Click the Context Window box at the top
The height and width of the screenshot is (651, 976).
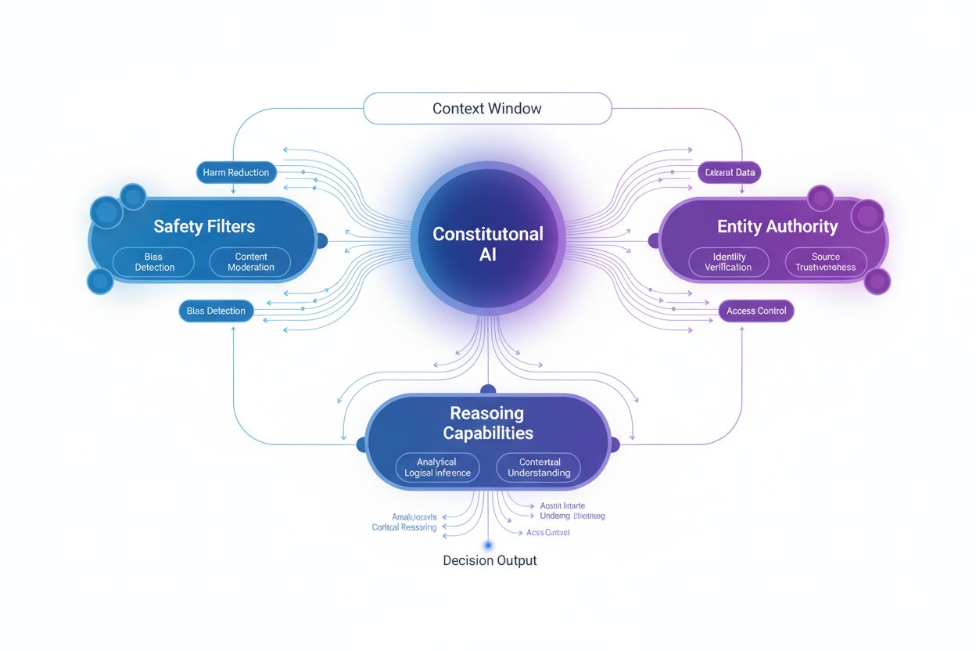486,108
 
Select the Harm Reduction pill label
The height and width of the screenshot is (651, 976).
235,172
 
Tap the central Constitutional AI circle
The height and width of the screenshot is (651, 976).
487,243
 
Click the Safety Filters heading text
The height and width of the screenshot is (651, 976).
204,227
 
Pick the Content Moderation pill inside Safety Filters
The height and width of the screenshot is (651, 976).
250,262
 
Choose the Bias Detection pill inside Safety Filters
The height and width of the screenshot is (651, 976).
154,262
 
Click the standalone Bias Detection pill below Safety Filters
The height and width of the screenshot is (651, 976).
216,311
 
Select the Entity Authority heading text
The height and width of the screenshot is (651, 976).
777,227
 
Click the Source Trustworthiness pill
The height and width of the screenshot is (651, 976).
825,262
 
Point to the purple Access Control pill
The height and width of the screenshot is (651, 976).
755,311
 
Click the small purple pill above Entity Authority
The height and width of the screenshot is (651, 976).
729,172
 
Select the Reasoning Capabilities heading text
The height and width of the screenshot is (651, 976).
487,423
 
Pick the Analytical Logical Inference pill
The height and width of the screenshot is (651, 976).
437,467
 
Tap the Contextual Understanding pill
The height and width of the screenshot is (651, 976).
538,467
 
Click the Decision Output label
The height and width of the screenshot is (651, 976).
490,560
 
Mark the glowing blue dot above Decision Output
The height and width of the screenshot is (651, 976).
488,545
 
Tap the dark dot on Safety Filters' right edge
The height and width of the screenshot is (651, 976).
320,241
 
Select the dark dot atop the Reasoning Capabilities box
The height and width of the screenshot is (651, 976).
488,389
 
